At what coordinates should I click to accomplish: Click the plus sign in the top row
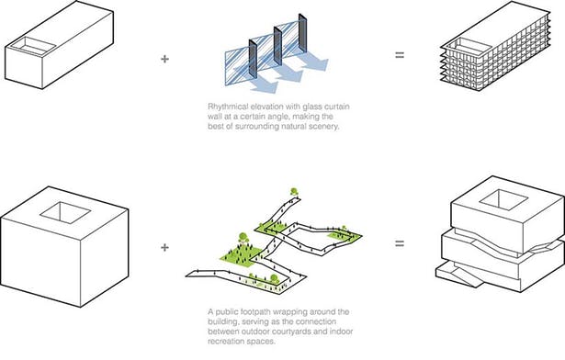[165, 58]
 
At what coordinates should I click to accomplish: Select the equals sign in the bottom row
[400, 245]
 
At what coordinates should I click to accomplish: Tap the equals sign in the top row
[400, 58]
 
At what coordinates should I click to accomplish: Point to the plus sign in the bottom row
[165, 246]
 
